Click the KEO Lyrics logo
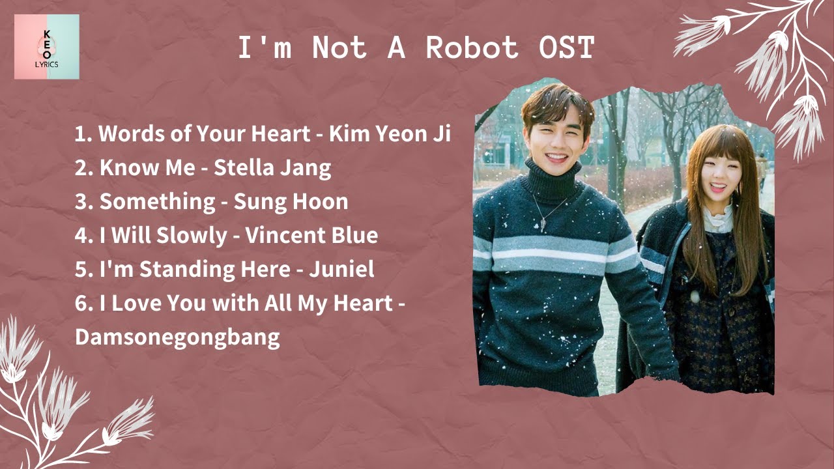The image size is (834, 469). click(x=47, y=47)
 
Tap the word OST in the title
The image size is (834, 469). click(x=567, y=48)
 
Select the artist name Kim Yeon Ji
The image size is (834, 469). click(x=390, y=134)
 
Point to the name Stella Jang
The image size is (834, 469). click(x=272, y=168)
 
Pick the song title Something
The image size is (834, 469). click(x=158, y=202)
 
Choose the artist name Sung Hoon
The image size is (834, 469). click(x=291, y=202)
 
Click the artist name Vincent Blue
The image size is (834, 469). click(x=311, y=236)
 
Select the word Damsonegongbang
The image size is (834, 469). click(x=177, y=337)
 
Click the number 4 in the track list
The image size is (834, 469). click(x=81, y=236)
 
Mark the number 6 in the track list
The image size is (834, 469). click(x=81, y=304)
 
